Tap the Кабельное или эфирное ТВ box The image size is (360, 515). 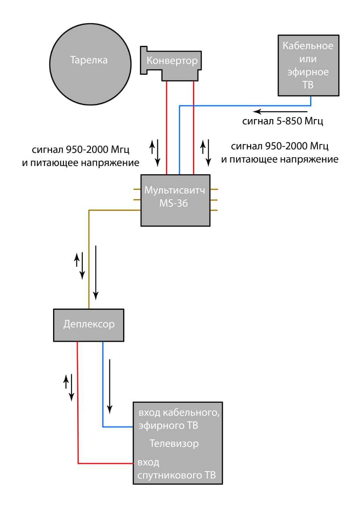[308, 65]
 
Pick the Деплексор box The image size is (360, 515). [89, 324]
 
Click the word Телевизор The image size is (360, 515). [174, 444]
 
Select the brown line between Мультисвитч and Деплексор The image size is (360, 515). [88, 257]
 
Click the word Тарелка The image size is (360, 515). [89, 61]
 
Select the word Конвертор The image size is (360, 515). [172, 61]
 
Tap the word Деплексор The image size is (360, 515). [89, 324]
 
